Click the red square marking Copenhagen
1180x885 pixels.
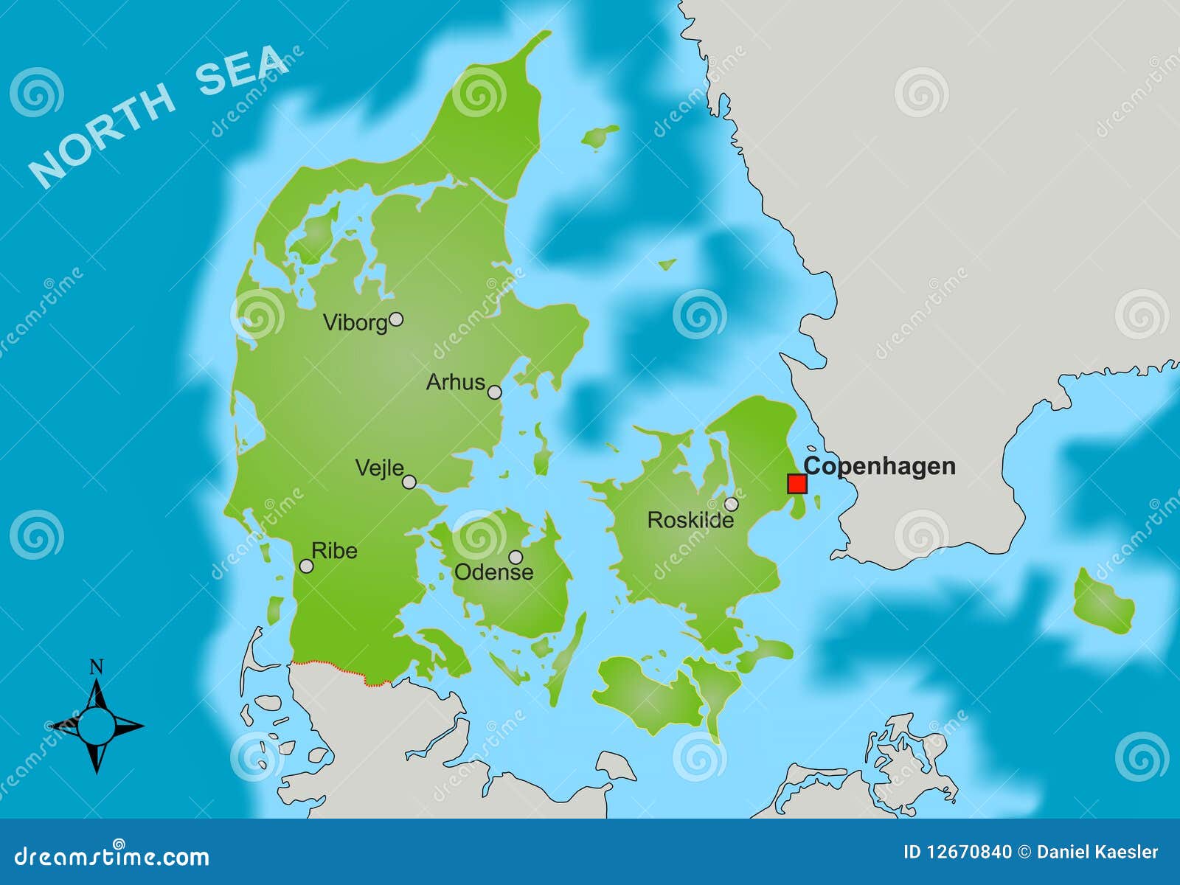click(796, 484)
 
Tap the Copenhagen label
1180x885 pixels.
click(879, 466)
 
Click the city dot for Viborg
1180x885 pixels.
click(396, 319)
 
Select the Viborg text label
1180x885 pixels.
click(355, 323)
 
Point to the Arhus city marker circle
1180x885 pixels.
click(495, 392)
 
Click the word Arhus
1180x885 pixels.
click(455, 382)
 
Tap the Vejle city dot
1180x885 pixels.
click(409, 482)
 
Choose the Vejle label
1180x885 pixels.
click(379, 468)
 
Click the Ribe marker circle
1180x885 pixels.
click(306, 566)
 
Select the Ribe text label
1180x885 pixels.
click(334, 551)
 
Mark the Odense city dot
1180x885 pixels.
click(516, 557)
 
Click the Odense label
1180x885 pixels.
click(493, 572)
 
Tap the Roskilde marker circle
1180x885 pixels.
click(731, 504)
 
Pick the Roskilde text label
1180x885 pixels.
click(690, 521)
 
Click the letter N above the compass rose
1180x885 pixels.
click(96, 668)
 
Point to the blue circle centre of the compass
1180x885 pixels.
click(97, 726)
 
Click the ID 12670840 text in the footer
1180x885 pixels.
click(957, 853)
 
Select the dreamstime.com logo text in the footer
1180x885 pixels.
click(111, 856)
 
